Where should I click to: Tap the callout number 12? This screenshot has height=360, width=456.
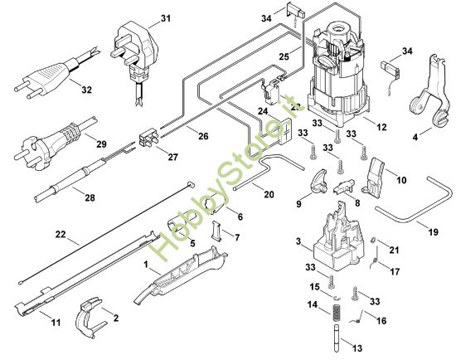381,127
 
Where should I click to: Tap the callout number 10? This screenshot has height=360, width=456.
400,179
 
